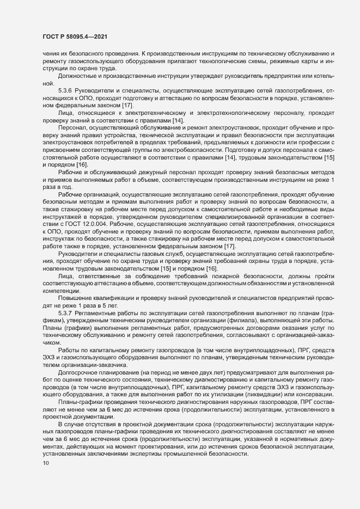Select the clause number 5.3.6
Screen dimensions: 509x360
[x=65, y=89]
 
